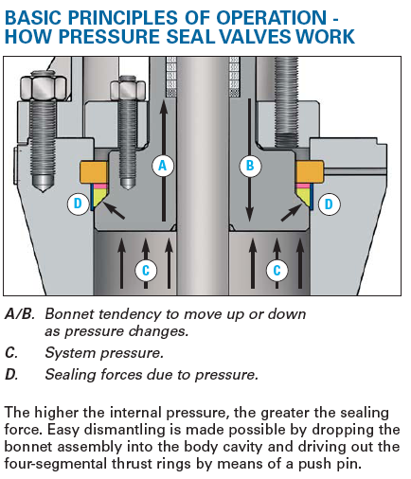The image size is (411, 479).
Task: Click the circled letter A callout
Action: (x=163, y=166)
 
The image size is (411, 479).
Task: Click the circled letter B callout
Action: (x=250, y=166)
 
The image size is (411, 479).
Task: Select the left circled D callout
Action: (x=78, y=204)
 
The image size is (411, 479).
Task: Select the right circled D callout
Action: (x=329, y=204)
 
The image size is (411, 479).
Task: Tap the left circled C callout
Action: (x=146, y=271)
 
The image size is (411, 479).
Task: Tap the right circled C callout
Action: (x=277, y=271)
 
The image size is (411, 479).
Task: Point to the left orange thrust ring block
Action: (x=94, y=172)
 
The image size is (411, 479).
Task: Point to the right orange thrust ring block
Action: (x=310, y=172)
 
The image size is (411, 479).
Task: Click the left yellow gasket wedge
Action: (x=98, y=197)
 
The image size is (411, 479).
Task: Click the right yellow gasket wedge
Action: (x=304, y=197)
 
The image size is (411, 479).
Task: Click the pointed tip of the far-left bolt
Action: (x=44, y=192)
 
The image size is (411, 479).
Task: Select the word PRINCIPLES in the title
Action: (x=123, y=17)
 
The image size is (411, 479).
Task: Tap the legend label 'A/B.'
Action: (x=20, y=314)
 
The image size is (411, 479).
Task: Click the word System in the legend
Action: (x=70, y=353)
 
